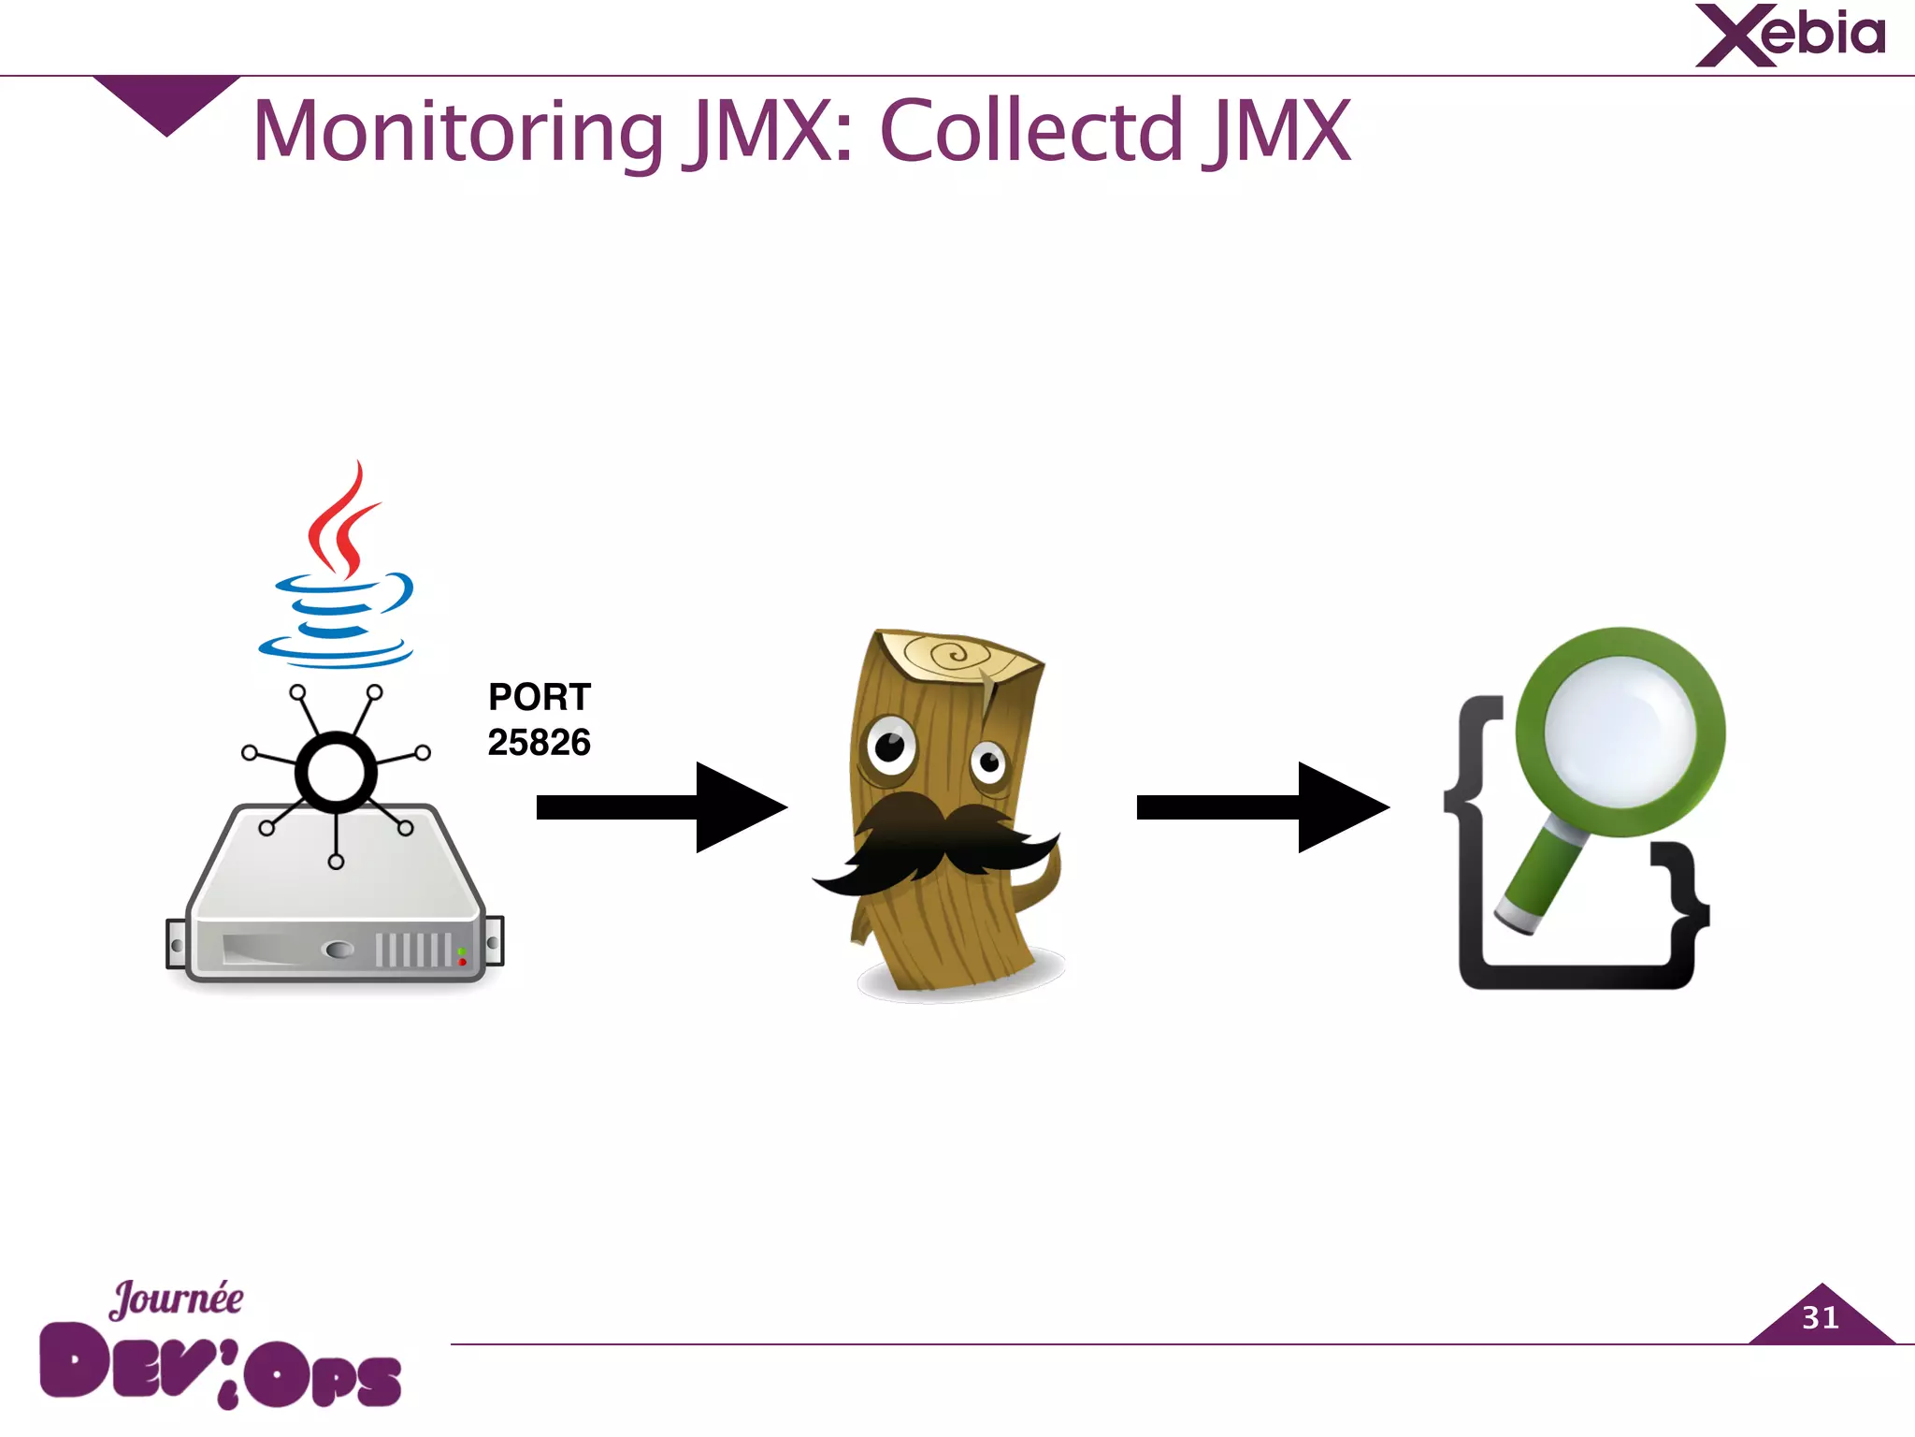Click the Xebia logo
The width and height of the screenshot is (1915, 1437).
(1790, 36)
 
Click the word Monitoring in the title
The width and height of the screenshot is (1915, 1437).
(458, 131)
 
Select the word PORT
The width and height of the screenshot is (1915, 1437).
(540, 697)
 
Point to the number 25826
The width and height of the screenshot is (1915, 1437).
(539, 743)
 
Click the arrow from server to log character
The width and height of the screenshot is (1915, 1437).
(660, 806)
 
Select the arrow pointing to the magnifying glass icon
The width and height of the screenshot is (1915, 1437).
(1261, 806)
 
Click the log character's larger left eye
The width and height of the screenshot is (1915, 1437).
(890, 747)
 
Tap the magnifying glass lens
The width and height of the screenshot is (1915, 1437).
(1620, 731)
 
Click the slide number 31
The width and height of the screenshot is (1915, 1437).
(1820, 1318)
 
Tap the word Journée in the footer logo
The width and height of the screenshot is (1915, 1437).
(177, 1299)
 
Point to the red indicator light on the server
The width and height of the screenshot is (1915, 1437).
(462, 962)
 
